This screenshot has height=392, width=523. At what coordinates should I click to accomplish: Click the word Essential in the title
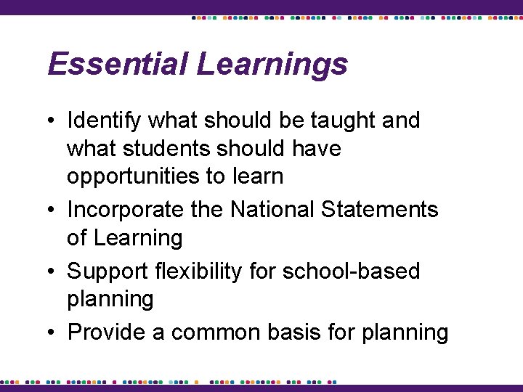pos(118,64)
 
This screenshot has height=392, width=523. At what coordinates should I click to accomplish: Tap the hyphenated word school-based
pos(352,271)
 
